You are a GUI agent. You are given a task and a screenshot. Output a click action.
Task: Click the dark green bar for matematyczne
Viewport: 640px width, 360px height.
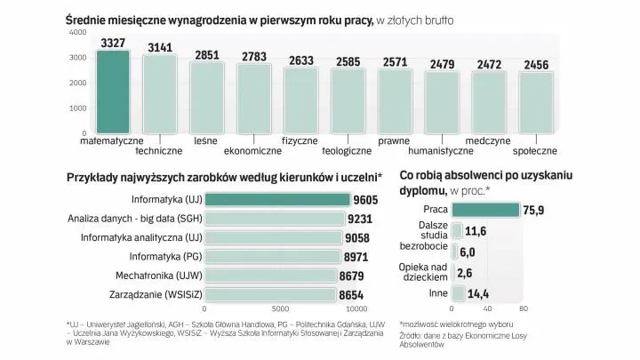113,92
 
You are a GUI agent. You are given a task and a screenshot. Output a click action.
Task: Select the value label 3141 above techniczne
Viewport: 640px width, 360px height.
160,47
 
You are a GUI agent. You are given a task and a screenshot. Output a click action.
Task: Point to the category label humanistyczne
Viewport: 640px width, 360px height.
442,151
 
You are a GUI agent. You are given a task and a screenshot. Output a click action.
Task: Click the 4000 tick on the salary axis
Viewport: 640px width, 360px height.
78,32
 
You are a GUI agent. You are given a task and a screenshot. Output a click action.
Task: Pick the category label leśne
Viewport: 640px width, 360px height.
206,140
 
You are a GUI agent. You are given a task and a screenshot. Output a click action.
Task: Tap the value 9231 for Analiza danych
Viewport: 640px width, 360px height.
359,219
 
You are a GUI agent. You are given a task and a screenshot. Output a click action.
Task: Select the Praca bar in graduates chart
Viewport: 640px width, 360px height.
485,210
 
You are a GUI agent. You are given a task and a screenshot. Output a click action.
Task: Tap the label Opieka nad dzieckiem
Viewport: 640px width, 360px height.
424,272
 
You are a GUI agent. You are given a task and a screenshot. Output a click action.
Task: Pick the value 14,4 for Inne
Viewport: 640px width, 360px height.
478,293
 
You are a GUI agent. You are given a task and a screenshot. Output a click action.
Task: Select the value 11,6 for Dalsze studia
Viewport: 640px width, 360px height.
476,231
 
